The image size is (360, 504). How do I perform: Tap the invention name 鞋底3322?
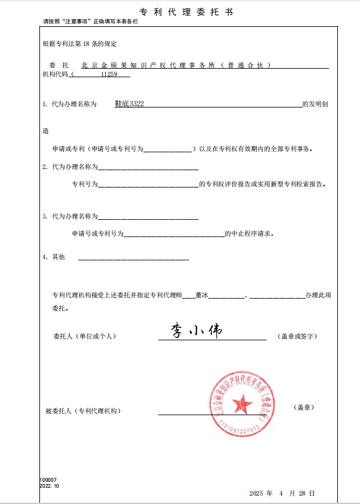(129, 104)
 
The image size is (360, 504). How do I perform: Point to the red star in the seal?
(242, 406)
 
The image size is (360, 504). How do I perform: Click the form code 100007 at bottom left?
(48, 480)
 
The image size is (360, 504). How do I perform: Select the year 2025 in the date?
(256, 493)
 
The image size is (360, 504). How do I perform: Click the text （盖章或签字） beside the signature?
(298, 337)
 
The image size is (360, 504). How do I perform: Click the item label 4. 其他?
(53, 257)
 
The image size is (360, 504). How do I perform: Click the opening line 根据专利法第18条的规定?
(79, 44)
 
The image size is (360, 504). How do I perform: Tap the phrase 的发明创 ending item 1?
(315, 104)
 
